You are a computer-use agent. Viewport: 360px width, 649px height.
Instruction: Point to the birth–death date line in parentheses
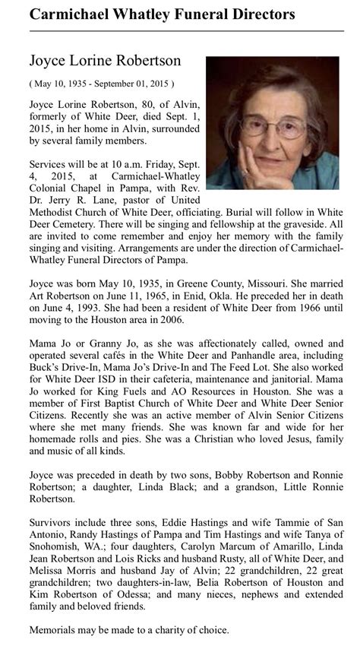102,83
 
